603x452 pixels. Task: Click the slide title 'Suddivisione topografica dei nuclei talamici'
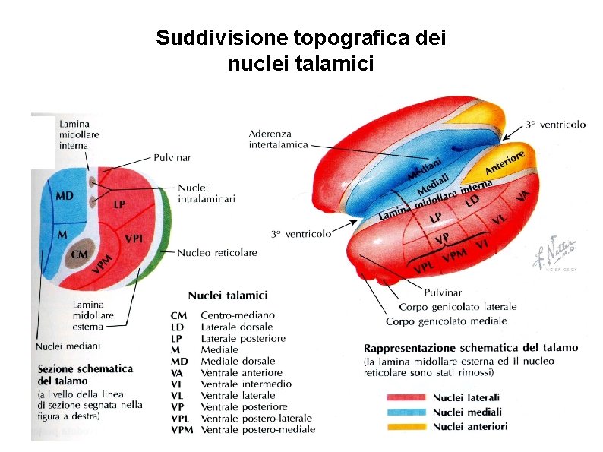301,50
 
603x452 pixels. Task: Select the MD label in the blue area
65,196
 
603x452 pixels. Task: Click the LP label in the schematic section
120,204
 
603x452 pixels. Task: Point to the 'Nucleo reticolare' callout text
217,253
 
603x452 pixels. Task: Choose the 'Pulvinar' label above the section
172,157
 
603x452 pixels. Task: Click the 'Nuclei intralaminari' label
206,193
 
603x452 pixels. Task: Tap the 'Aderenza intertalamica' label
279,139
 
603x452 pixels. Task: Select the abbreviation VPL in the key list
181,419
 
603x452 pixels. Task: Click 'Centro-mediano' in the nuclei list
238,315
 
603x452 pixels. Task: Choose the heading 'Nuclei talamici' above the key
228,296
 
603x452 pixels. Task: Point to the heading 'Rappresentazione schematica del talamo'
471,348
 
